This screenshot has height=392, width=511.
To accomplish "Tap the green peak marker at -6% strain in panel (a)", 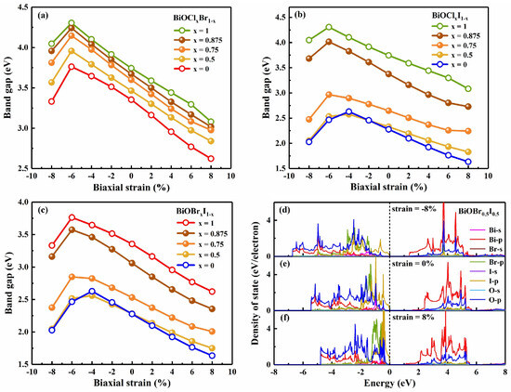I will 72,23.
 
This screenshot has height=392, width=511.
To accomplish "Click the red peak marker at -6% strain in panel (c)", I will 72,217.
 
